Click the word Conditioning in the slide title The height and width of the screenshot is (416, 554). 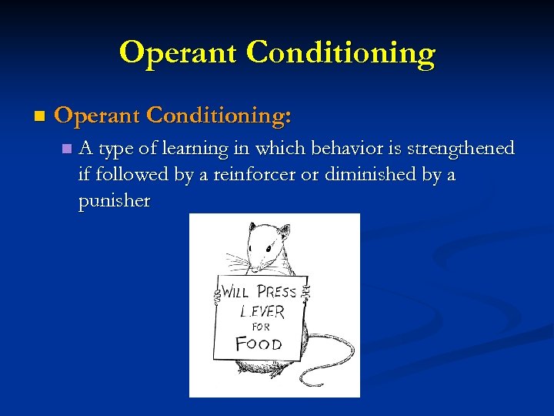pyautogui.click(x=342, y=52)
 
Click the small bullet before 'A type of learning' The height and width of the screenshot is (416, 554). pyautogui.click(x=68, y=148)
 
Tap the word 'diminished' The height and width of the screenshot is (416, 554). pyautogui.click(x=369, y=175)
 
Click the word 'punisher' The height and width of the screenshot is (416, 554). pyautogui.click(x=114, y=202)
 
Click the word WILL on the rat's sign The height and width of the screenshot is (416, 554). pyautogui.click(x=235, y=293)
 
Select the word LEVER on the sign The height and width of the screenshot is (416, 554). pyautogui.click(x=262, y=313)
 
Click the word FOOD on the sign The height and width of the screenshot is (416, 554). pyautogui.click(x=259, y=344)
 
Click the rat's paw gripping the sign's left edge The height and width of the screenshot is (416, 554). pyautogui.click(x=216, y=296)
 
